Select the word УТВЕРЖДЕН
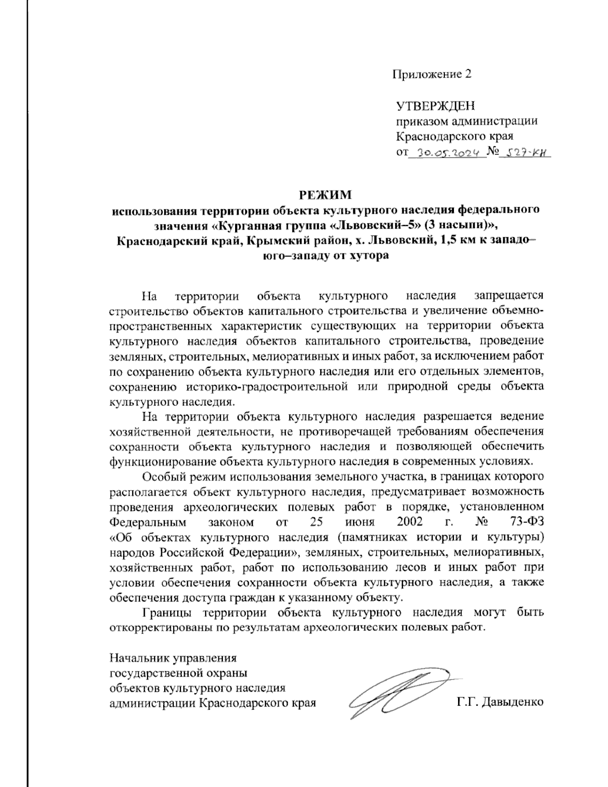[x=436, y=106]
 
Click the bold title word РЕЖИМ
[x=324, y=195]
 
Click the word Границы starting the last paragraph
[x=167, y=612]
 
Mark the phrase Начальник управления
[x=173, y=658]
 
